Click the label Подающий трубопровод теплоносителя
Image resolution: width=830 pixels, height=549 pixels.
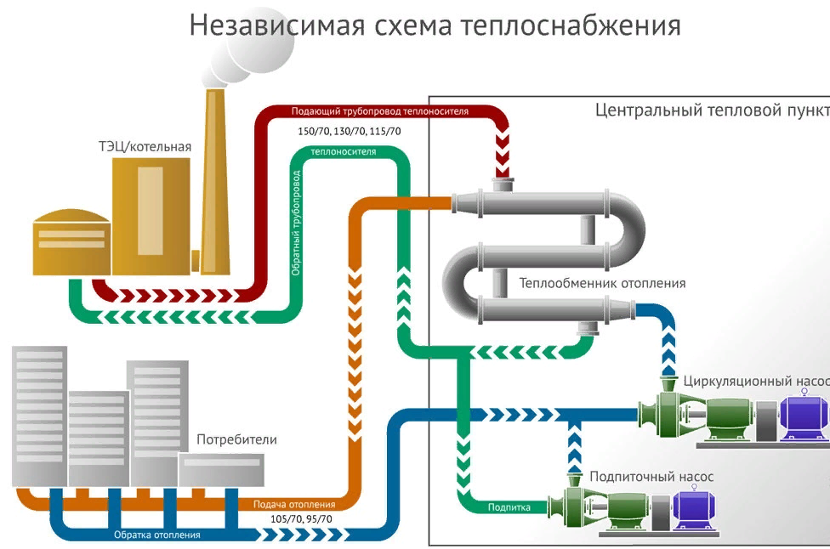[379, 111]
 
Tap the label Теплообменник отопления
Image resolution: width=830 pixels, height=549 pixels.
[602, 283]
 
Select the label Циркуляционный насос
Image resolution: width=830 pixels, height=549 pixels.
[755, 380]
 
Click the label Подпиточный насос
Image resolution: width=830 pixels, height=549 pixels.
[651, 476]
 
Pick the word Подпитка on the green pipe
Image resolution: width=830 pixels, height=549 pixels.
[509, 507]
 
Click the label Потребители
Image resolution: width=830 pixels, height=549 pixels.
[236, 440]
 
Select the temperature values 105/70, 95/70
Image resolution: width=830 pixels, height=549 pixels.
[301, 518]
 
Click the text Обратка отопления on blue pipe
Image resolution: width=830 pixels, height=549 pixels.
[157, 535]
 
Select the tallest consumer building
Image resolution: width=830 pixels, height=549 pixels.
[38, 416]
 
